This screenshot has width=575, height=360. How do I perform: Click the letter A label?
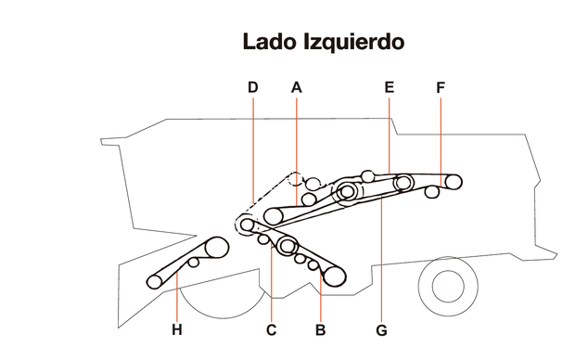tap(297, 87)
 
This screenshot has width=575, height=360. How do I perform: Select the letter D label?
tap(252, 87)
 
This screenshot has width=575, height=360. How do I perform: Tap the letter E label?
tap(390, 87)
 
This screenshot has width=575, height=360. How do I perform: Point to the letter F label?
tap(441, 87)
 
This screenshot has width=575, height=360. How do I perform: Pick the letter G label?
tap(382, 329)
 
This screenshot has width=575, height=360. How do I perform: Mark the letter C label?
tap(272, 329)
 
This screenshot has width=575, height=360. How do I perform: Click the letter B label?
tap(321, 329)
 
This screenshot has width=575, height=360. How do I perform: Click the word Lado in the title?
tap(270, 42)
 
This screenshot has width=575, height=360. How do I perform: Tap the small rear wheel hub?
tap(448, 289)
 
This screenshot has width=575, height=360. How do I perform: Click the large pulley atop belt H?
tap(215, 248)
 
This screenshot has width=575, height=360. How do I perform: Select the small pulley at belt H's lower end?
tap(155, 280)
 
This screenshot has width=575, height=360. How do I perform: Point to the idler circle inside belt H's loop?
tap(193, 264)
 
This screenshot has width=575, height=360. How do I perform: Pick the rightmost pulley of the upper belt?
tap(452, 182)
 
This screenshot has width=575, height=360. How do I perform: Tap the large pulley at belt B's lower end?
tap(332, 274)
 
